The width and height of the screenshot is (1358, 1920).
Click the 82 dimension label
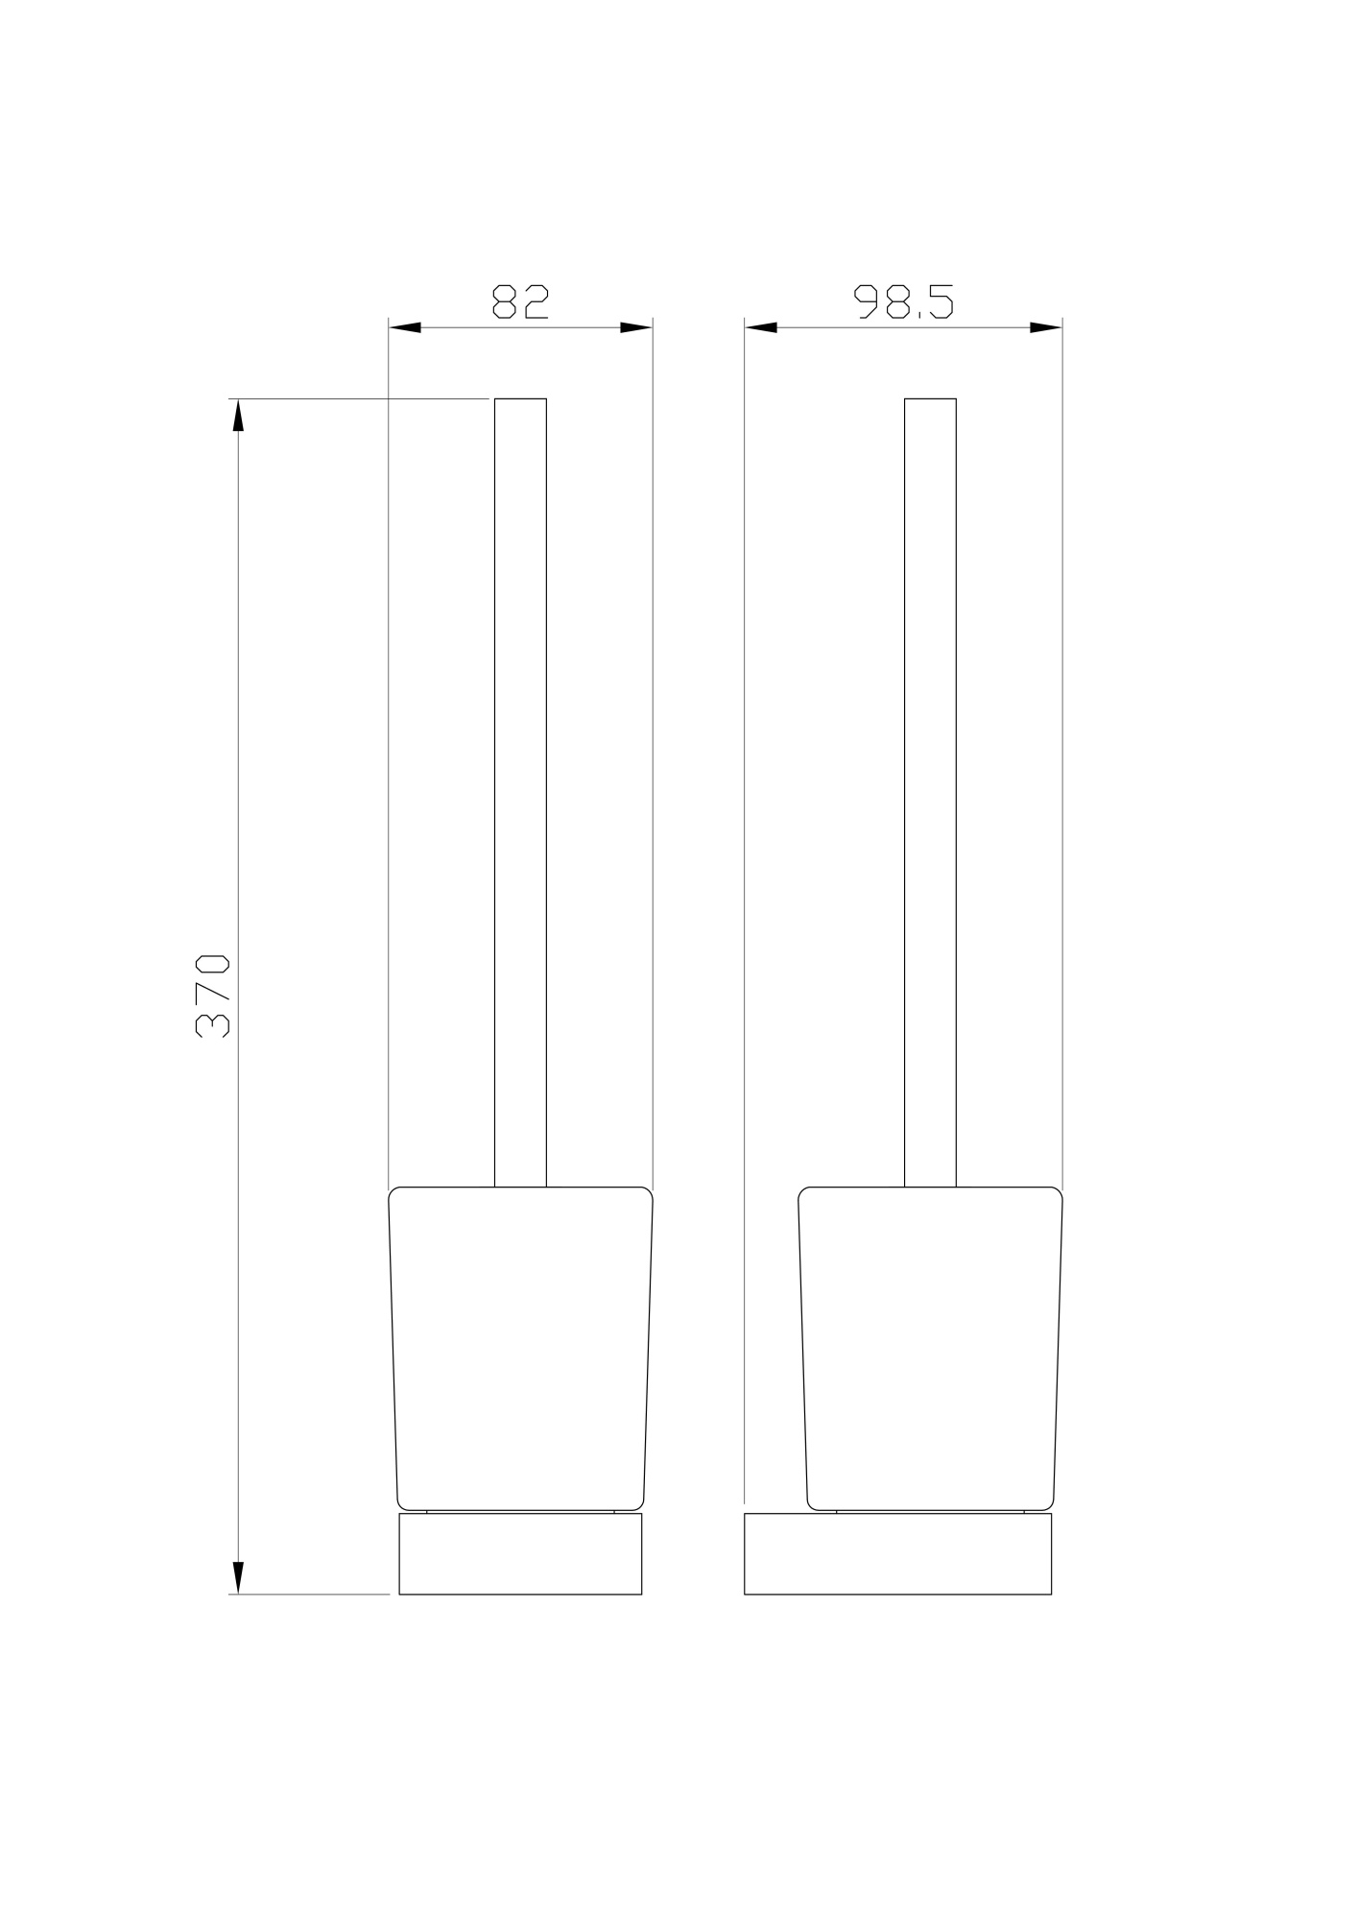[520, 301]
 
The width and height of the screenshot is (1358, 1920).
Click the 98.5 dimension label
[904, 301]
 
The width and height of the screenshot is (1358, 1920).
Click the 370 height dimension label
[213, 996]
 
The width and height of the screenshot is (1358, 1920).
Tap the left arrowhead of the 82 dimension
[405, 327]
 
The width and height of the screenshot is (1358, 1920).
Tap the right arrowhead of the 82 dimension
[636, 327]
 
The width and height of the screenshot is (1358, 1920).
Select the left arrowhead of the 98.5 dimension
[761, 327]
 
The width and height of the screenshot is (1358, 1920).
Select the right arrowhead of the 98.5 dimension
[1046, 327]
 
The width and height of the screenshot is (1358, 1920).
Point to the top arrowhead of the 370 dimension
[238, 416]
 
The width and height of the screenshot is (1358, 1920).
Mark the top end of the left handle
[520, 400]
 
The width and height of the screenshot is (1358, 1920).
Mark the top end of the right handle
[930, 400]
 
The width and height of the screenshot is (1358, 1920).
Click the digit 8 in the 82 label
[504, 301]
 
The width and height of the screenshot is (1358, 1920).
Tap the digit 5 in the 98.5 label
[941, 301]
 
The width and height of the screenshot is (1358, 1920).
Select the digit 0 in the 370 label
[213, 965]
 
